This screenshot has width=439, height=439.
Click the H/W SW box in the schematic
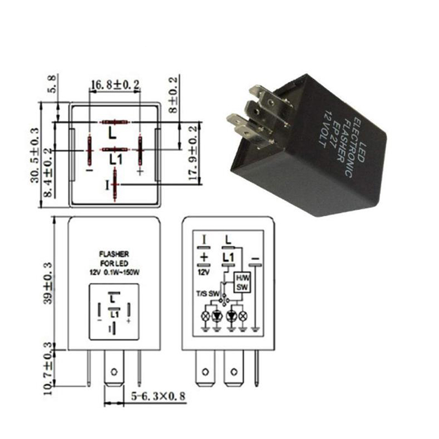coord(242,282)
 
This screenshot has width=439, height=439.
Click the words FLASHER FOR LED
coord(114,258)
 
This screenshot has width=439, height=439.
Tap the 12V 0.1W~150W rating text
coord(114,273)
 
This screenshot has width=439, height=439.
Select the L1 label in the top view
coord(115,160)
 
